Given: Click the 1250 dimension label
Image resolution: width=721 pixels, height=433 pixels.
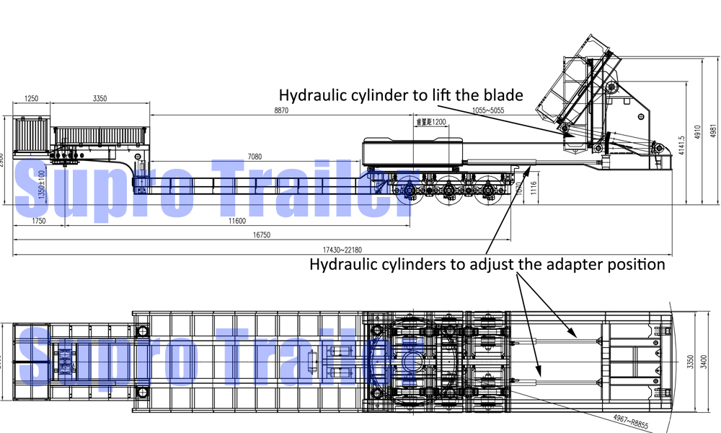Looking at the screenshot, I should point(31,98).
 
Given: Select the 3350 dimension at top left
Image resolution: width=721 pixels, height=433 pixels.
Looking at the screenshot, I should point(100,98).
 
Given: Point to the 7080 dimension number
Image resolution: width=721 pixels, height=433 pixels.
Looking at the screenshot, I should point(255,156).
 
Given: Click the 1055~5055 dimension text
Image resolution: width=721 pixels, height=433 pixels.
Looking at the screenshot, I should point(488,110).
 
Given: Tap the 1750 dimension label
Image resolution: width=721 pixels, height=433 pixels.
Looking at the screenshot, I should point(38,221).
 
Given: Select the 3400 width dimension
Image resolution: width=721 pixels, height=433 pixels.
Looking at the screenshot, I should point(713,359).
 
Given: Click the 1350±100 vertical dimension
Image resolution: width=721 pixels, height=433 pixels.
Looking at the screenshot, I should point(42,185).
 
